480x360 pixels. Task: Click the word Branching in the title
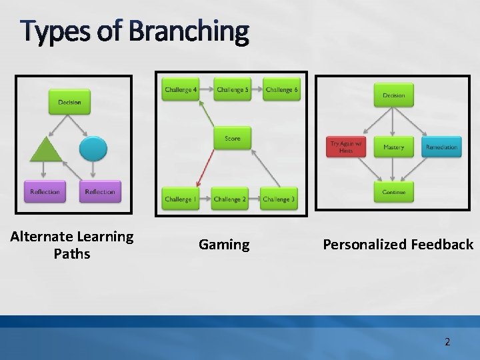click(x=189, y=31)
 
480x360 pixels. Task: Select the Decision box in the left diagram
click(x=69, y=102)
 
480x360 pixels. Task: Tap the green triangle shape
click(x=46, y=149)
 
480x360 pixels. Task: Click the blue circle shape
click(x=93, y=148)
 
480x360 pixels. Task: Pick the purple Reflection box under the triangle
click(x=45, y=192)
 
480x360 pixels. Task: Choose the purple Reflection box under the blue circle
click(x=99, y=192)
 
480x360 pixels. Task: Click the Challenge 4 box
click(x=181, y=90)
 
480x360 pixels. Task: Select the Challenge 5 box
click(x=232, y=90)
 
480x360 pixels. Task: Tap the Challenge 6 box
click(x=281, y=90)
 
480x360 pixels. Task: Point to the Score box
click(x=232, y=139)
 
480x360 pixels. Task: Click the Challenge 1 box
click(x=179, y=199)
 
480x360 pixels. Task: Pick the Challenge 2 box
click(x=230, y=199)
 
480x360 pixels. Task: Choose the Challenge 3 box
click(x=279, y=199)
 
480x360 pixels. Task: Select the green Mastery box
click(x=393, y=147)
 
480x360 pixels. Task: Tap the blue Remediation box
click(x=441, y=147)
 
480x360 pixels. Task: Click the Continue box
click(x=393, y=192)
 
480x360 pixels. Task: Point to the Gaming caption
click(x=224, y=245)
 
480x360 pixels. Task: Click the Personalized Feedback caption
click(x=398, y=245)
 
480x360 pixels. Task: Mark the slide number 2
click(x=447, y=342)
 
